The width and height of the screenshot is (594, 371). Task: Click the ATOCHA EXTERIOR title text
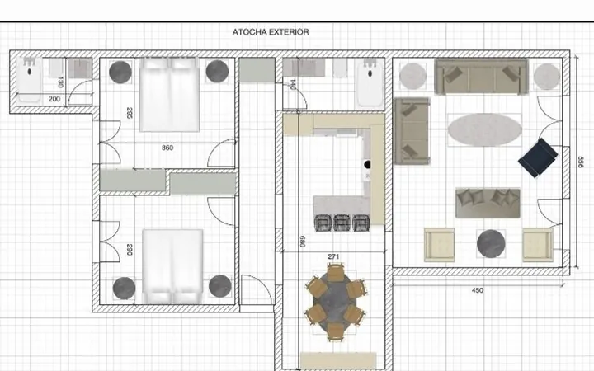271,32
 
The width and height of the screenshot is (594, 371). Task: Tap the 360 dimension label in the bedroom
167,148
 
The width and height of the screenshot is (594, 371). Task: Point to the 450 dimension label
478,290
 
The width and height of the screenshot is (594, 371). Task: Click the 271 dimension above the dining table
333,256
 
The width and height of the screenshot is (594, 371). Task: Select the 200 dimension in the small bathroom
54,99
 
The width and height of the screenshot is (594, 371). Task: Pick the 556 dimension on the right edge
580,162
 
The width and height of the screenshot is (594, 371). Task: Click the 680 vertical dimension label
302,241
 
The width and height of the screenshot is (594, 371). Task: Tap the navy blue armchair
538,157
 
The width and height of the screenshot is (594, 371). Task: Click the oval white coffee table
484,129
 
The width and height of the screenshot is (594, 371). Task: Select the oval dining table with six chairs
335,302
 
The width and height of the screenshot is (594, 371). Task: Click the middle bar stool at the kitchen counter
342,223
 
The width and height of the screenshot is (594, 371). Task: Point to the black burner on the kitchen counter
367,164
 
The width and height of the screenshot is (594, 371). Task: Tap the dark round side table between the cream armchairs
491,244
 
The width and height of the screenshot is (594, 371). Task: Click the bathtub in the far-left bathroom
29,80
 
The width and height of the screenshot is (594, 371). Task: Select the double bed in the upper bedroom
169,95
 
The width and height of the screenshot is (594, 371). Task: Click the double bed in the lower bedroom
172,266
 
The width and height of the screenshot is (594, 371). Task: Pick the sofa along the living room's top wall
481,77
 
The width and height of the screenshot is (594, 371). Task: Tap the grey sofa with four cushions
488,204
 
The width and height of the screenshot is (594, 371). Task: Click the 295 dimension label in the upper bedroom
130,113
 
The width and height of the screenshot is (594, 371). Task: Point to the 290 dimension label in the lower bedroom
130,250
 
